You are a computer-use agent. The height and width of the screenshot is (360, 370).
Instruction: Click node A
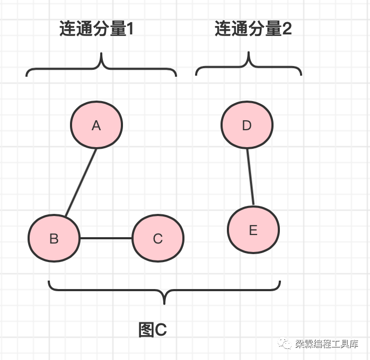pos(96,125)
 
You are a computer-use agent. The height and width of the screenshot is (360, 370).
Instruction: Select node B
pos(54,238)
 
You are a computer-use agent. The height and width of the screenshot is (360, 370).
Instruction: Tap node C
pos(157,238)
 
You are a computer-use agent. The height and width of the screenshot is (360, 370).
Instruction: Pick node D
pos(246,125)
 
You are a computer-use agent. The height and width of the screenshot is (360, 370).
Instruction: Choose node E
pos(253,230)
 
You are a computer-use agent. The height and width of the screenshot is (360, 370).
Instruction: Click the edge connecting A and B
pos(81,183)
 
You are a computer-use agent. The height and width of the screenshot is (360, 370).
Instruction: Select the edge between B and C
pos(105,238)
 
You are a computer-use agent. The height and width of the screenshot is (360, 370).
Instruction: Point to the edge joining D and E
pos(250,177)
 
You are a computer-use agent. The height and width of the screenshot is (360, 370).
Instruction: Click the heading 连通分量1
pos(96,29)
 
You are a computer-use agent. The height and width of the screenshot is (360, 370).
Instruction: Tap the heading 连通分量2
pos(253,29)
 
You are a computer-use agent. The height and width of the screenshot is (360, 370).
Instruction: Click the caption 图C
pos(153,330)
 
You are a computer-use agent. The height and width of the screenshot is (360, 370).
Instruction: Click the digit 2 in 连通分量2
pos(286,30)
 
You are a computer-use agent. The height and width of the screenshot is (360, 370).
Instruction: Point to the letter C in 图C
pos(160,330)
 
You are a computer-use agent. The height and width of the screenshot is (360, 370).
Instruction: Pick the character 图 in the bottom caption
pos(146,330)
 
